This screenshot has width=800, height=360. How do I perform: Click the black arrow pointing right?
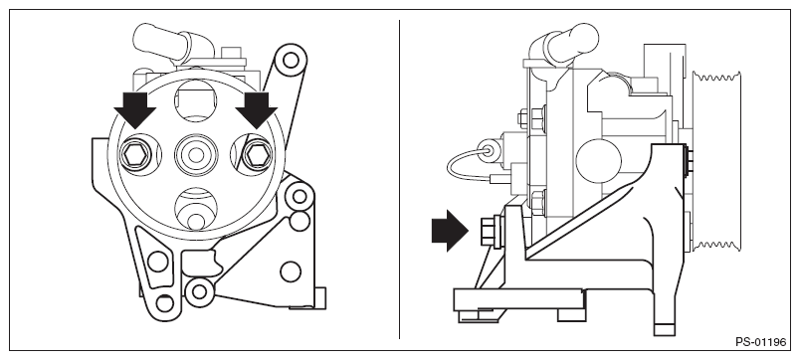[450, 231]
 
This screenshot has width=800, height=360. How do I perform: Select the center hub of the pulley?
[196, 154]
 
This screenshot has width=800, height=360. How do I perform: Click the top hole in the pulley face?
[195, 101]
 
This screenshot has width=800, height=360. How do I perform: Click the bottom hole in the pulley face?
[196, 208]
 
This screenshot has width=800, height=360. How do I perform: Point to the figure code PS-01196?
[761, 342]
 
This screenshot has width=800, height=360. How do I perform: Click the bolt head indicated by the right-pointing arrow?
[487, 231]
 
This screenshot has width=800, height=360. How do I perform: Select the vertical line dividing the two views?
[399, 179]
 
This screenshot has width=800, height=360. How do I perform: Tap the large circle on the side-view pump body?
[598, 161]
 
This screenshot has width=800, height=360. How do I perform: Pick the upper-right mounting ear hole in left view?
[291, 61]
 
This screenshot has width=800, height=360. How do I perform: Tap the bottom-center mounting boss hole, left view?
[198, 291]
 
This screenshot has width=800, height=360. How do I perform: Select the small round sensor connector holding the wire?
[490, 150]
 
